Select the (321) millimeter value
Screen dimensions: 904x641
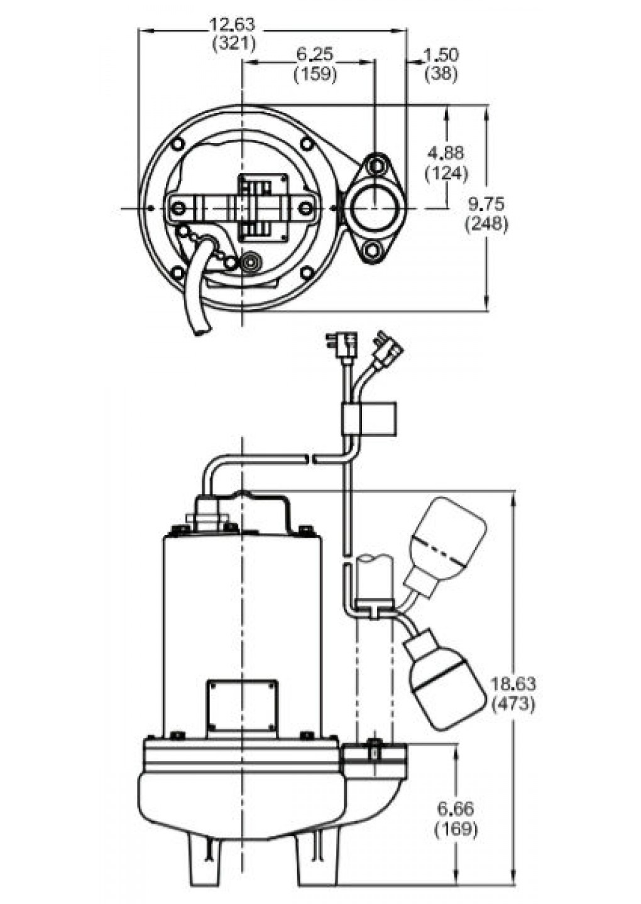(x=234, y=43)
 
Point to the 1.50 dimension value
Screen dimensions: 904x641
(x=441, y=55)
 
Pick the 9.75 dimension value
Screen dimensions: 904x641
(x=486, y=205)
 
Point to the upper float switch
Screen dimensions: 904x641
(x=447, y=537)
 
